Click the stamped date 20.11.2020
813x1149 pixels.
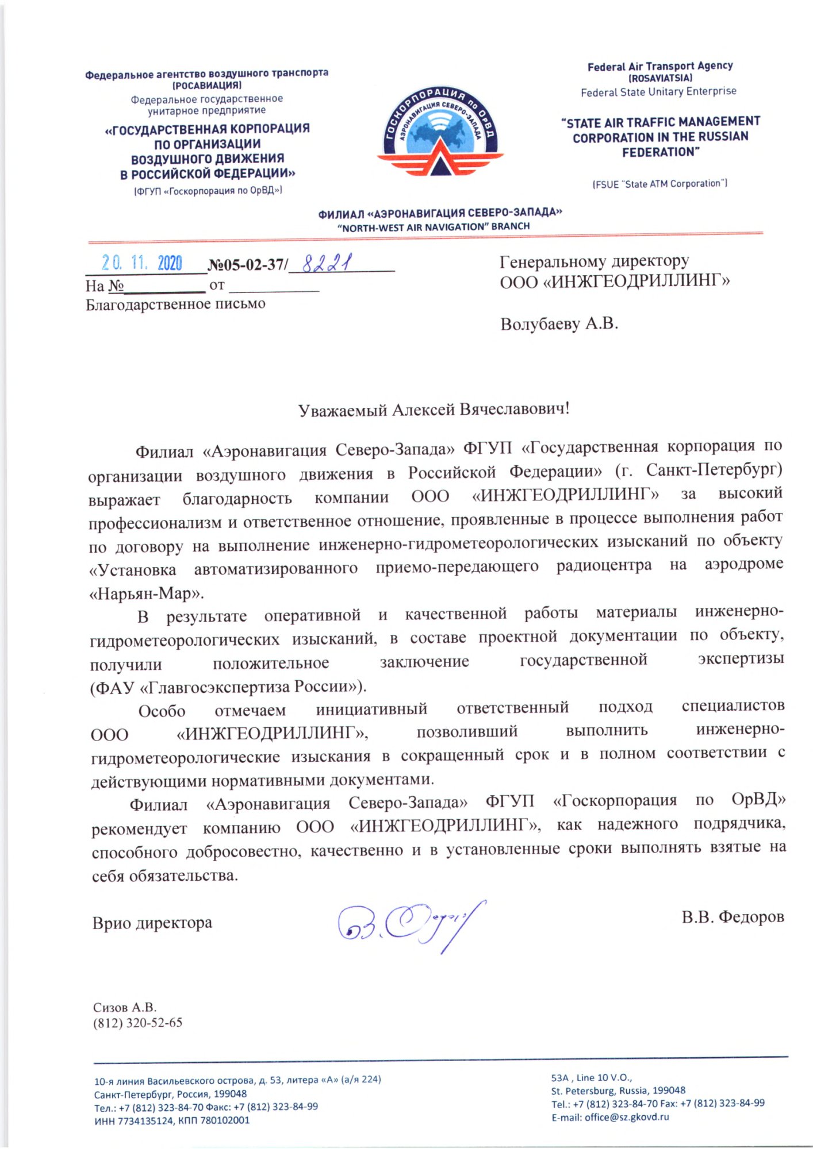[142, 263]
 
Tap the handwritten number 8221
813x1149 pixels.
[327, 264]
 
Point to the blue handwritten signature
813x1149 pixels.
[411, 924]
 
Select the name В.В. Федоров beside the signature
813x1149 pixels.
[733, 917]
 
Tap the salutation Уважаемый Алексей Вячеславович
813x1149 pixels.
[434, 410]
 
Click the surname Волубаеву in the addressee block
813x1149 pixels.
[540, 325]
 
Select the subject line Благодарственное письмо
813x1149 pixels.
[175, 304]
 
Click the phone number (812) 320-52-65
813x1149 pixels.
[138, 1023]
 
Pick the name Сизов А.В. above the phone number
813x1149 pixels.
[125, 1007]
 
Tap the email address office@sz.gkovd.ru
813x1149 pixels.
[626, 1117]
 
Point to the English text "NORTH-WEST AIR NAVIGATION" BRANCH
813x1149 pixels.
[434, 227]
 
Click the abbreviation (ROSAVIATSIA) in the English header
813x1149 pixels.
[660, 78]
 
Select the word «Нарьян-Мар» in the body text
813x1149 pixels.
[146, 593]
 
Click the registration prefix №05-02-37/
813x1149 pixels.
[248, 265]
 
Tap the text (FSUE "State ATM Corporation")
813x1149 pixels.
[660, 184]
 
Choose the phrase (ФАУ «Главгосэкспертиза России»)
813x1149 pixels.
[228, 687]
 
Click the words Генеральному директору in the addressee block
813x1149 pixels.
[594, 261]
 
